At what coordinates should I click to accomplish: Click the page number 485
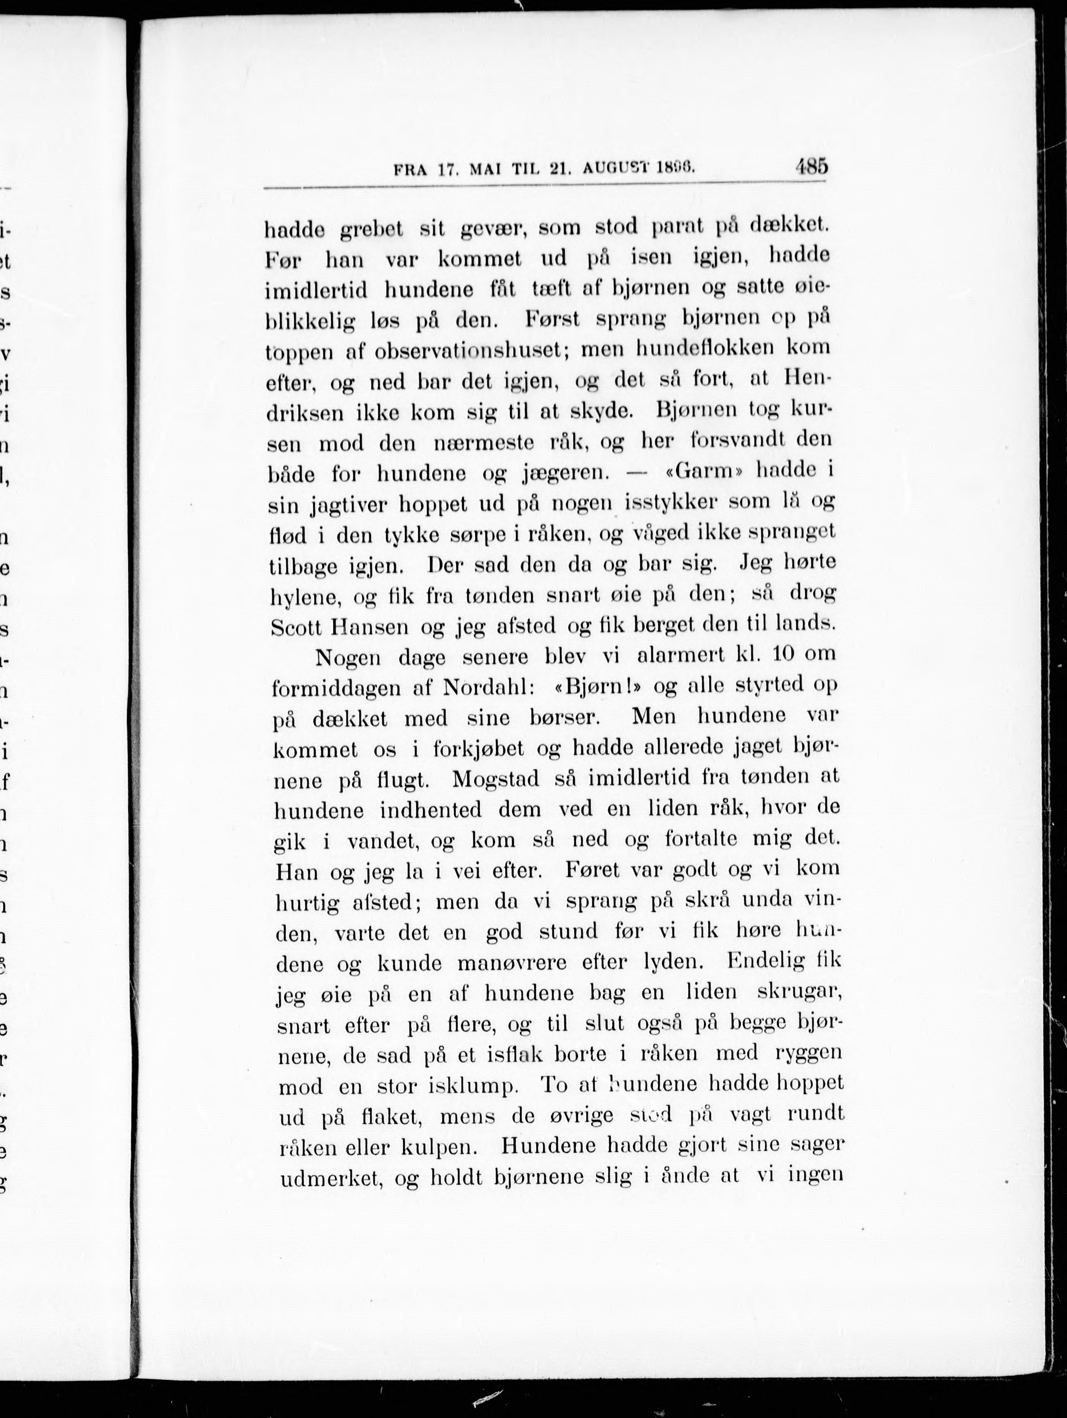[811, 167]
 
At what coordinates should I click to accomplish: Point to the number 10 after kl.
[775, 654]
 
